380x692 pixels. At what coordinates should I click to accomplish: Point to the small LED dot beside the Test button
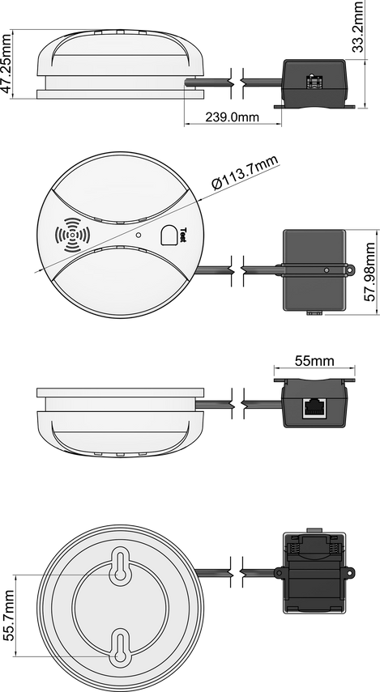click(139, 236)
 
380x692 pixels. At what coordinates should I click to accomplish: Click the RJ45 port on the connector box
click(313, 407)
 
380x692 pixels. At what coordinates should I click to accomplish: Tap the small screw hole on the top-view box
click(327, 270)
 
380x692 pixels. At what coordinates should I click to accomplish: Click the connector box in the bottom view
click(314, 574)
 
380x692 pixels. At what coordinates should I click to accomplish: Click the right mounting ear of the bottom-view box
click(350, 573)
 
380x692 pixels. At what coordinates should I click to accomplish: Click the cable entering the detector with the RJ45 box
click(212, 403)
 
